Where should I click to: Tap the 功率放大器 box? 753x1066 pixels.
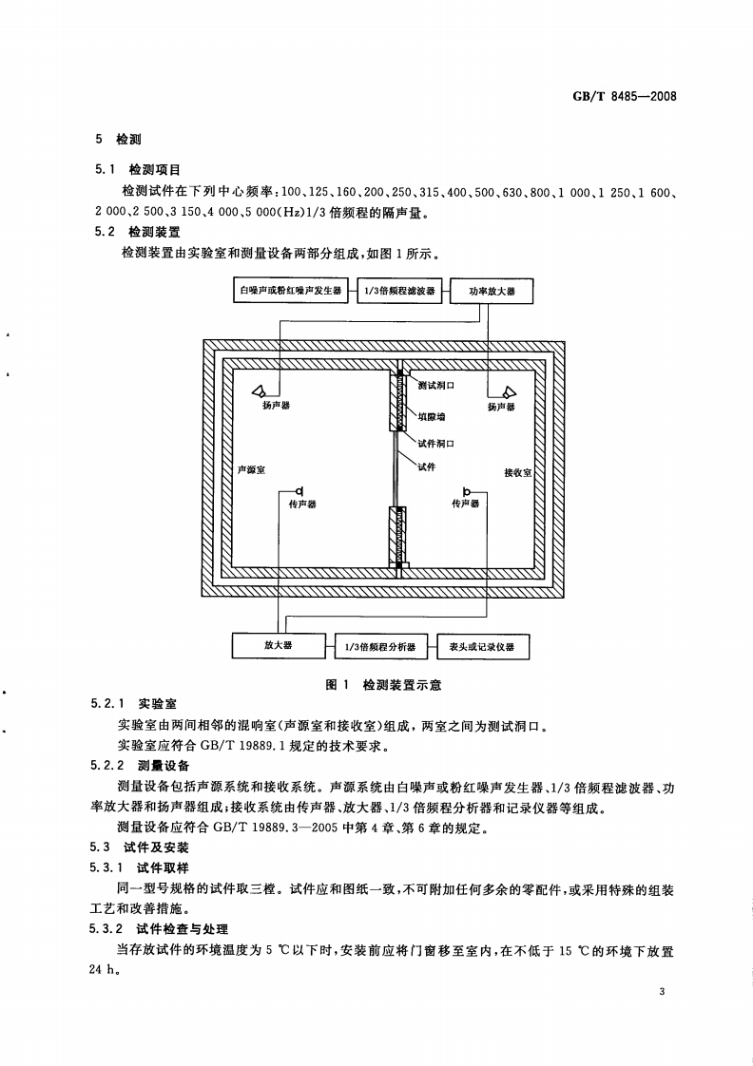point(492,292)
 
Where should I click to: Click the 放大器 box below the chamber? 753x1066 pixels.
point(278,646)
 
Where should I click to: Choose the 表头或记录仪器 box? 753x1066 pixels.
point(482,647)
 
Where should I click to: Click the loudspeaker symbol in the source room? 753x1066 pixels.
point(262,390)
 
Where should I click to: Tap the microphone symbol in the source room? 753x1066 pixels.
point(299,490)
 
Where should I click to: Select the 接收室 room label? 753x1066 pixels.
point(517,471)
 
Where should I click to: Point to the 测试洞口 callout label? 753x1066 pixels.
point(436,386)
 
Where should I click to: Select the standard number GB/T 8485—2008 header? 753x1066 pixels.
point(622,97)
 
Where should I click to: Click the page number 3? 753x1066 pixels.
point(661,992)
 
